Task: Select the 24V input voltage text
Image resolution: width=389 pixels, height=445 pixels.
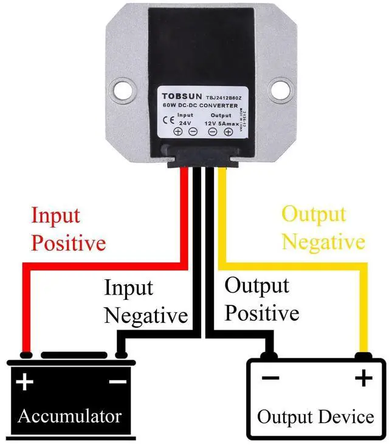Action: tap(185, 122)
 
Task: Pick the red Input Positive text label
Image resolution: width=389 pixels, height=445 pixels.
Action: tap(68, 229)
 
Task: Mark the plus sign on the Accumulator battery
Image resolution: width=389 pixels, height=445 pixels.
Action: tap(24, 382)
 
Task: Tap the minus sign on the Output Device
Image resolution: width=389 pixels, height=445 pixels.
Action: tap(270, 379)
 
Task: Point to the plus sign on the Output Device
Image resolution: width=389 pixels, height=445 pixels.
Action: tap(363, 379)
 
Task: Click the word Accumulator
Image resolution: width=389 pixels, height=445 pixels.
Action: tap(69, 416)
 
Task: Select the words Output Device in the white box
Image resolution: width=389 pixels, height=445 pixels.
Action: tap(315, 417)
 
